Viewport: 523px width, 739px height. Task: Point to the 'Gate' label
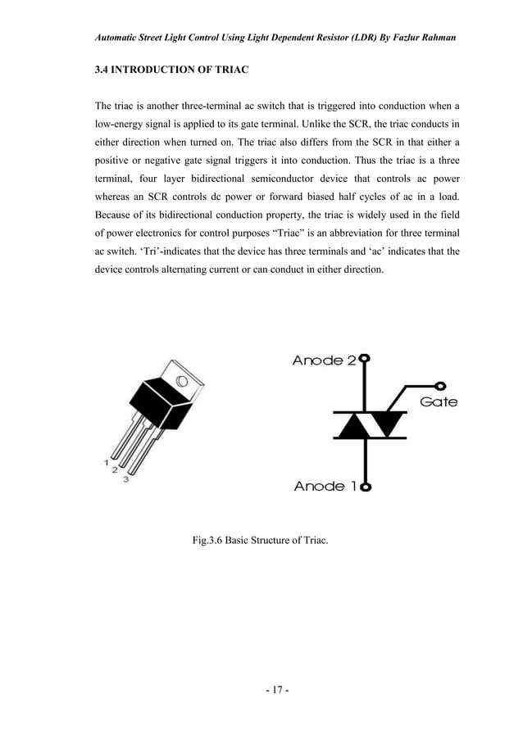[x=439, y=402]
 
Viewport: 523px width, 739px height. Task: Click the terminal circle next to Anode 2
[x=364, y=359]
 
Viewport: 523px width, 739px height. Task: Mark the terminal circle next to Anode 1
[x=364, y=487]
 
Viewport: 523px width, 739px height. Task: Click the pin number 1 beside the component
[x=107, y=462]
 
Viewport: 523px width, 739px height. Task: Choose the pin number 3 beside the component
[x=125, y=480]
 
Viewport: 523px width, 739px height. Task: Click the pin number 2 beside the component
[x=116, y=472]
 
